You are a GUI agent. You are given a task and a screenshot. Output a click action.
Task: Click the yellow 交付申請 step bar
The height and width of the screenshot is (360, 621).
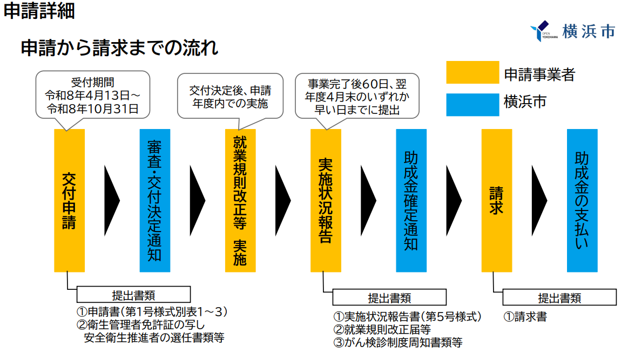pyautogui.click(x=69, y=200)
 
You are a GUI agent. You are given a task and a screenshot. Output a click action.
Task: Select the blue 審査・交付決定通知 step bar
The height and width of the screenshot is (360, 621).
pyautogui.click(x=154, y=200)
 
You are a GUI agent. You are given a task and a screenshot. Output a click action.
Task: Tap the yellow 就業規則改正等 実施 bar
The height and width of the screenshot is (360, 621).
pyautogui.click(x=240, y=200)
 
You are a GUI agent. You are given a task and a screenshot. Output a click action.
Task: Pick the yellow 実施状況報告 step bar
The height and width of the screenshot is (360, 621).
pyautogui.click(x=326, y=200)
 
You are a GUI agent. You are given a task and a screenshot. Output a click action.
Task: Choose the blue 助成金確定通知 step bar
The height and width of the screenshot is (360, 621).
pyautogui.click(x=411, y=200)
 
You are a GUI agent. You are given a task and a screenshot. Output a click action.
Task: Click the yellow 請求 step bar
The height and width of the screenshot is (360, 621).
pyautogui.click(x=496, y=200)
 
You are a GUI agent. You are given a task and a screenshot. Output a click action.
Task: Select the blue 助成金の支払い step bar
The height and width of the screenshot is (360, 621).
pyautogui.click(x=582, y=200)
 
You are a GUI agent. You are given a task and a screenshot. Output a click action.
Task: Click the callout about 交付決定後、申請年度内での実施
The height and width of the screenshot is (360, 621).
pyautogui.click(x=231, y=96)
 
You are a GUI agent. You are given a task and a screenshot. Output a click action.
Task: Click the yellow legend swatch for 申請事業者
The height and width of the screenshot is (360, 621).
pyautogui.click(x=472, y=73)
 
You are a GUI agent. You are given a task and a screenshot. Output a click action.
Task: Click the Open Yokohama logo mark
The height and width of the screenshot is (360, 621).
pyautogui.click(x=542, y=31)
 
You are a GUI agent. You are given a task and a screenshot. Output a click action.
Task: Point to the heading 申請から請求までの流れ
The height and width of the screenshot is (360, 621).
pyautogui.click(x=120, y=48)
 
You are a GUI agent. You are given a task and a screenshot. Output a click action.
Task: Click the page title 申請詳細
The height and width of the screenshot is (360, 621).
pyautogui.click(x=39, y=11)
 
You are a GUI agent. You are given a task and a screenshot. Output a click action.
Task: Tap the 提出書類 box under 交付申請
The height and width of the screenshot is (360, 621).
pyautogui.click(x=133, y=295)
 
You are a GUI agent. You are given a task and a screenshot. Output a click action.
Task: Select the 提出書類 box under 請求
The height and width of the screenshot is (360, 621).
pyautogui.click(x=559, y=297)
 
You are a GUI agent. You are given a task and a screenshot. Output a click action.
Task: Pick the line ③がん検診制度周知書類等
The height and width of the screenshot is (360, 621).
pyautogui.click(x=398, y=343)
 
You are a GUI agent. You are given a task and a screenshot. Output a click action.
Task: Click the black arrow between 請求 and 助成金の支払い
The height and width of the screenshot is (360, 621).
pyautogui.click(x=539, y=200)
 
